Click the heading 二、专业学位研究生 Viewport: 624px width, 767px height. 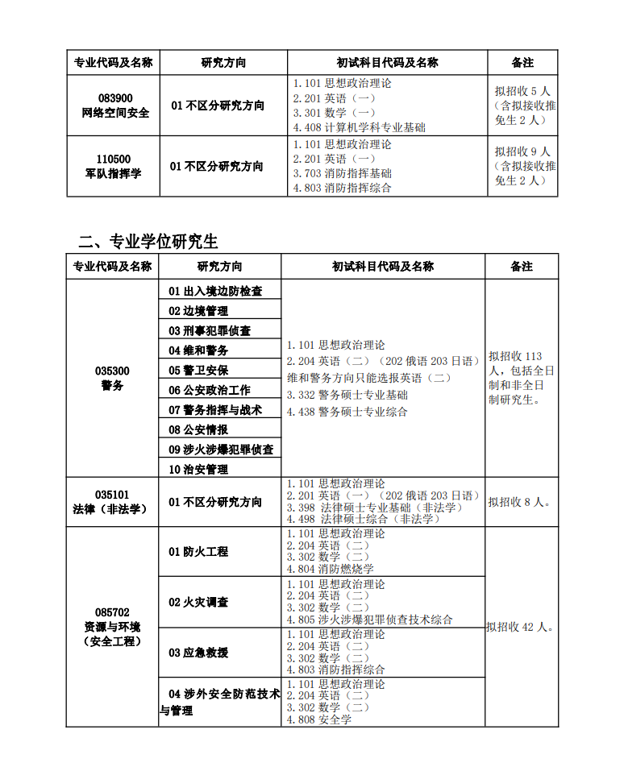tap(148, 241)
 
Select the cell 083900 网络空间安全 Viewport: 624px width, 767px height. tap(114, 106)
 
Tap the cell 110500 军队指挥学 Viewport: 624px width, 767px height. tap(113, 166)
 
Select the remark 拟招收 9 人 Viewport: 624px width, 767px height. tap(522, 151)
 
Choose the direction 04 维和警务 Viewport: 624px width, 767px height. tap(198, 350)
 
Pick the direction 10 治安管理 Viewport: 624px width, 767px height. tap(198, 469)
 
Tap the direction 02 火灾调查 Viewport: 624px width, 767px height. tap(198, 602)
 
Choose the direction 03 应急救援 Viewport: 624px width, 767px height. tap(198, 653)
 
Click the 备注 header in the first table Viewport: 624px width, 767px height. tap(522, 63)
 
